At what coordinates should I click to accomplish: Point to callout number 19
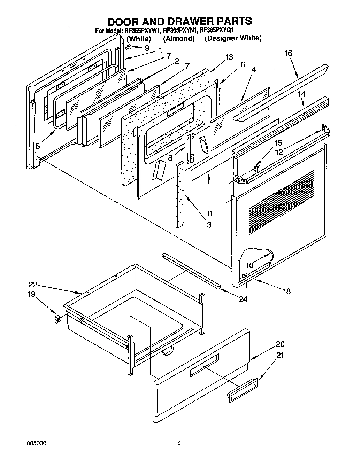(x=31, y=295)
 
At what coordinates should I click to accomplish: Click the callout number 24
(x=243, y=299)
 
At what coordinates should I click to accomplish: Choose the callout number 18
(x=286, y=291)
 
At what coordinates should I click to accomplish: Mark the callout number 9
(x=146, y=48)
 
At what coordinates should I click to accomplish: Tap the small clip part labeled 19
(x=57, y=319)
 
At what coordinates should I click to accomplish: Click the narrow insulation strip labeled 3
(x=181, y=195)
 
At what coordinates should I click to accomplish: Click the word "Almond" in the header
(x=179, y=38)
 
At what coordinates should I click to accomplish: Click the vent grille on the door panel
(x=282, y=202)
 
